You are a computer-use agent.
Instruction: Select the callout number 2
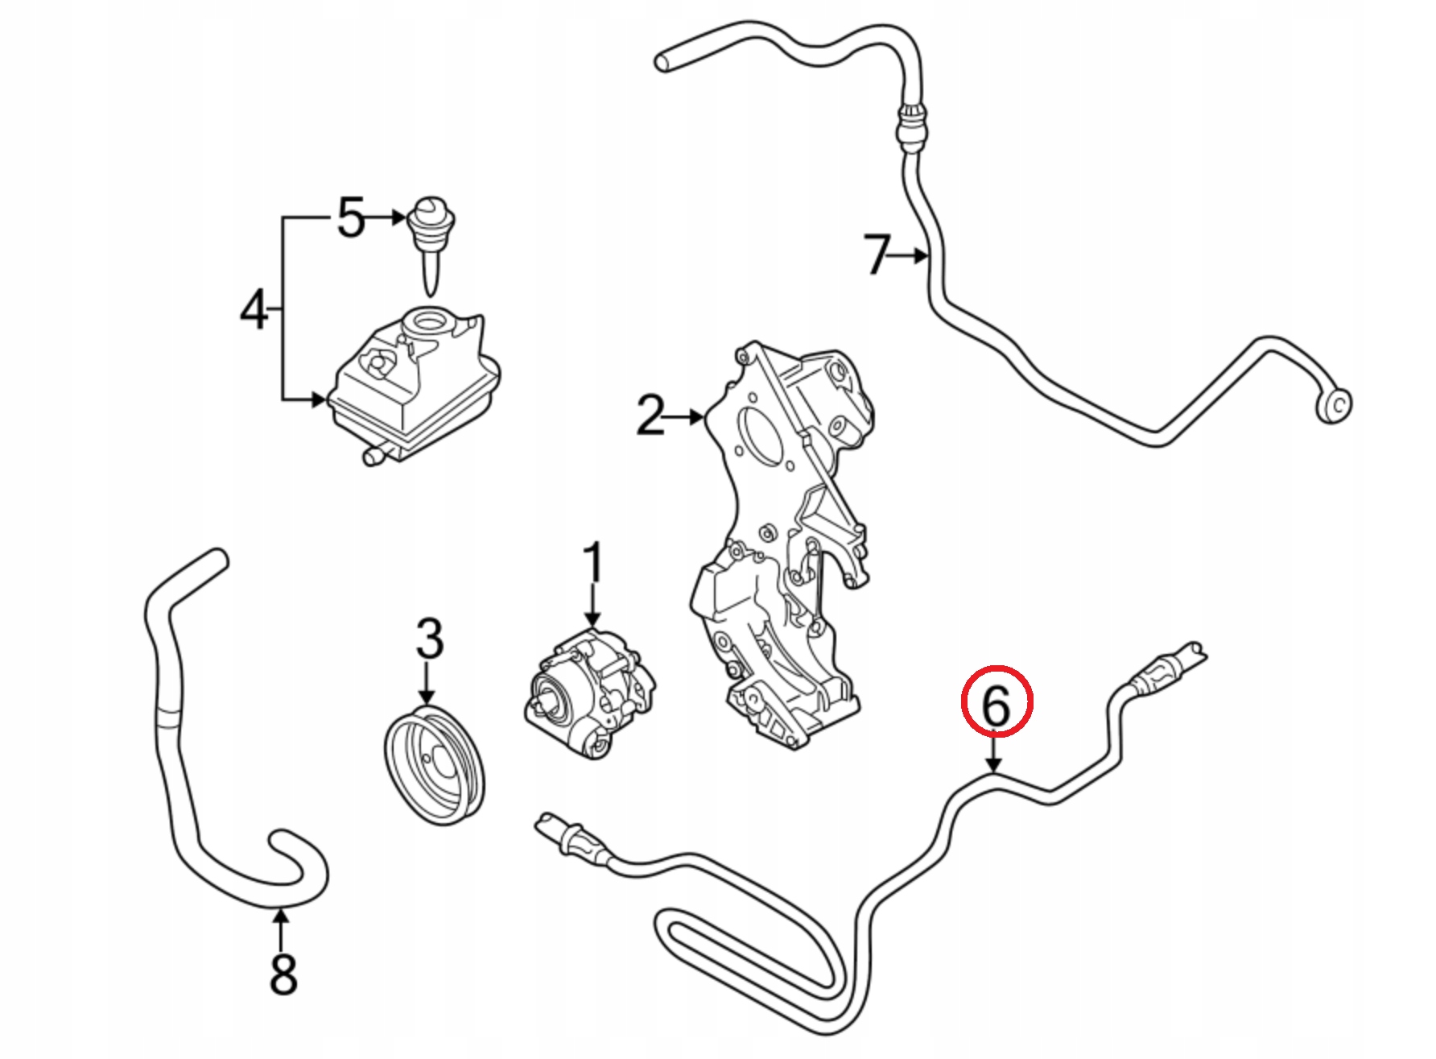(650, 416)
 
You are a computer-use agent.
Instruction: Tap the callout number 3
(429, 639)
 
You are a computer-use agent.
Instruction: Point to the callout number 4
(254, 310)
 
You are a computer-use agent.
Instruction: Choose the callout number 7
(877, 254)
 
